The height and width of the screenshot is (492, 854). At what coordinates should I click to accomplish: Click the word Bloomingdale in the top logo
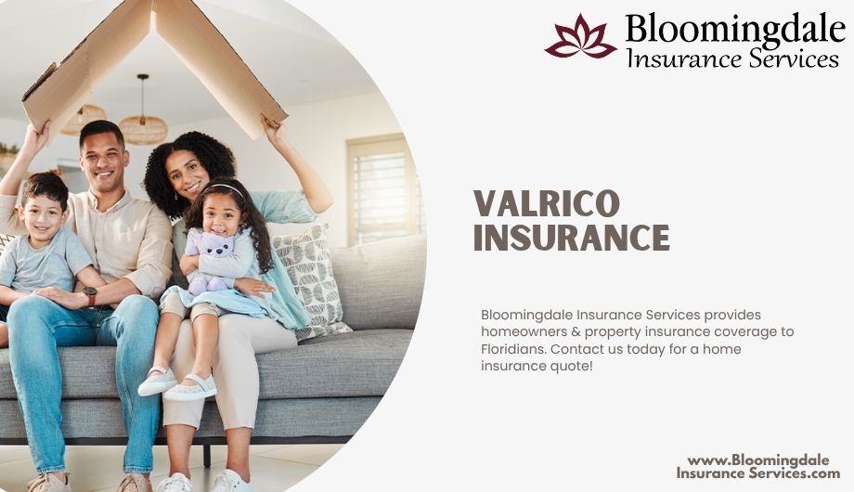click(x=735, y=29)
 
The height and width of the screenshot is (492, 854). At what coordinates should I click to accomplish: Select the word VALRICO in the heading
click(x=547, y=203)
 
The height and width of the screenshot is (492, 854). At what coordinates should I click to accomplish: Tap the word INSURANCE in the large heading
click(x=571, y=238)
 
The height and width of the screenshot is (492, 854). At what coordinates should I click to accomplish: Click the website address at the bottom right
click(x=758, y=467)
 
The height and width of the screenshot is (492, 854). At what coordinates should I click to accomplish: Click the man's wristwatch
click(x=90, y=296)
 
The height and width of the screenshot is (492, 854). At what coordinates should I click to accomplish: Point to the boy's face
click(x=42, y=214)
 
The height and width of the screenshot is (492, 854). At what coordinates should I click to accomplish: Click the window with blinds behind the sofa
click(x=382, y=188)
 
